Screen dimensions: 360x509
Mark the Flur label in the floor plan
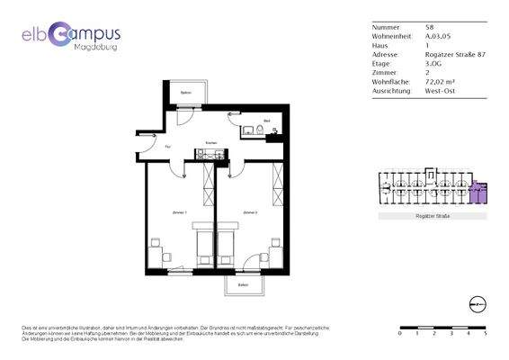[167, 146]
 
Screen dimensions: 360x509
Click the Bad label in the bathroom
[267, 121]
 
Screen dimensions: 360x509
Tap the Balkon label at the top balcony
[186, 93]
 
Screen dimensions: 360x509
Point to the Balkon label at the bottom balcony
[243, 285]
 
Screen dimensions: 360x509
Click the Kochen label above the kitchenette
[211, 142]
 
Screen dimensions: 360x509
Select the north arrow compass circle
[477, 303]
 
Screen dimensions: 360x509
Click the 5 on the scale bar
[485, 333]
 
